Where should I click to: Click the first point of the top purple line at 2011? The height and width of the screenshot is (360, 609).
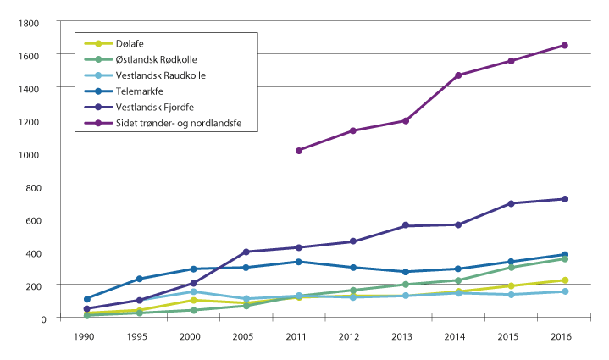tap(299, 151)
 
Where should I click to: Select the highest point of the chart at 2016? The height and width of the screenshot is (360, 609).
tap(564, 45)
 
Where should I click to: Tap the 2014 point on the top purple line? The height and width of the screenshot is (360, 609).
tap(458, 75)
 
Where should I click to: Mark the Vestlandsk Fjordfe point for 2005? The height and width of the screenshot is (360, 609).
tap(246, 252)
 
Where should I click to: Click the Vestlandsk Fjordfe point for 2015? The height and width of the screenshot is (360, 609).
tap(512, 203)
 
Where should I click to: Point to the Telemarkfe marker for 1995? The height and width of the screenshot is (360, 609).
tap(141, 279)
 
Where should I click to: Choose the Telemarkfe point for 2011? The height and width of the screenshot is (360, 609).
tap(299, 262)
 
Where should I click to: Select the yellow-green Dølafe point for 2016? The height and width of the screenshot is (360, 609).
tap(564, 280)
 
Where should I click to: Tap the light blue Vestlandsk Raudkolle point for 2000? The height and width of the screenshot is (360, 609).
tap(193, 291)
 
